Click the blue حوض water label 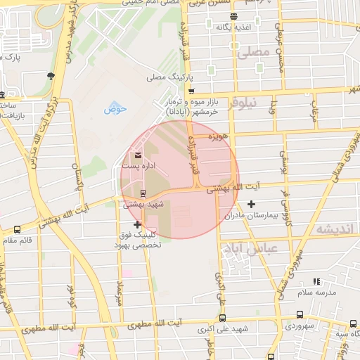pos(115,109)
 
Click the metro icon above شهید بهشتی pos(143,193)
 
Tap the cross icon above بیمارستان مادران pos(252,204)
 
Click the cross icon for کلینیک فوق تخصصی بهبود pos(137,224)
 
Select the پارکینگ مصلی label pos(165,78)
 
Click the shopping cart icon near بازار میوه pos(191,91)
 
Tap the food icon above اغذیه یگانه pos(233,16)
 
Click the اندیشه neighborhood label pos(333,229)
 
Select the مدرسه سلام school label pos(316,291)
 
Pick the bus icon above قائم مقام pos(18,229)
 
